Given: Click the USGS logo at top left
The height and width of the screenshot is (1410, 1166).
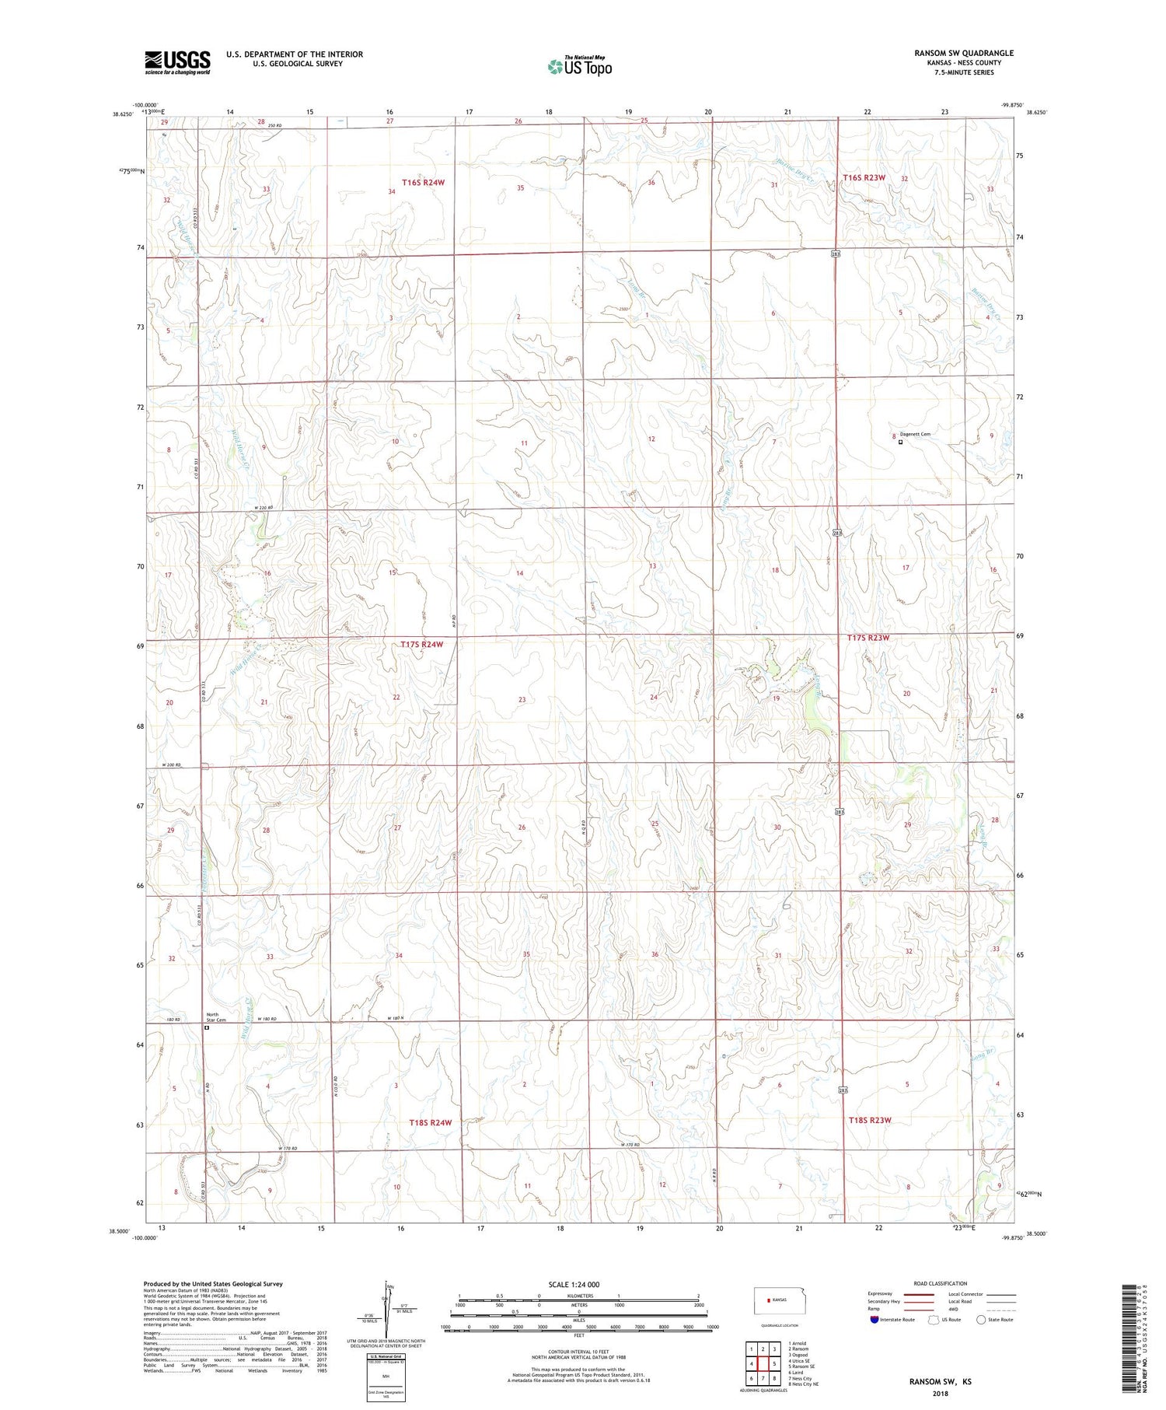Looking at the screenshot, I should click(x=177, y=62).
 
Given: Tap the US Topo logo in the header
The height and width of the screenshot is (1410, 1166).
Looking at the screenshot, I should click(x=580, y=67).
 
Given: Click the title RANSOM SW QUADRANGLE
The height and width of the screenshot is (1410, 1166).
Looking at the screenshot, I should click(x=963, y=53).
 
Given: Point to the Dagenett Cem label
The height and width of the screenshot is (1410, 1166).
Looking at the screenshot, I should click(x=915, y=435).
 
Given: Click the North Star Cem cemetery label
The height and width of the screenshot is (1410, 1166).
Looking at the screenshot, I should click(x=212, y=1017).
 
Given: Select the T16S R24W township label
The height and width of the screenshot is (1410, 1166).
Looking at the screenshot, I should click(x=423, y=182).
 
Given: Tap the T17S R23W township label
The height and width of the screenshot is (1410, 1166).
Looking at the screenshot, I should click(x=868, y=638).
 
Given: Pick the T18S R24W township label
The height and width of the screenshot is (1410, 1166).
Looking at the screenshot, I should click(x=430, y=1123).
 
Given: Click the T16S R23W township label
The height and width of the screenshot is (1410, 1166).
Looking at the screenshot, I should click(x=864, y=177).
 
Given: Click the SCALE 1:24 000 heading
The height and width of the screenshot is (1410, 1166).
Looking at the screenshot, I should click(x=574, y=1285).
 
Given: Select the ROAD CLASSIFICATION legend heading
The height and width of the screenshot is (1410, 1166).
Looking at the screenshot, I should click(x=941, y=1283).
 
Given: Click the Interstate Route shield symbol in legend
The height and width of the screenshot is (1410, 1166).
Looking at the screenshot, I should click(x=874, y=1319).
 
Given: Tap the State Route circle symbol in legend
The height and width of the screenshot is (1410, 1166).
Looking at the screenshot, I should click(x=981, y=1319).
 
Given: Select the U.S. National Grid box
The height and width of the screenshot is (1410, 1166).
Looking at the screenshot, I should click(x=386, y=1377).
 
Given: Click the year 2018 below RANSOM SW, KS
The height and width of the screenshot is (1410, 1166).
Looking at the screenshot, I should click(x=941, y=1393).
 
